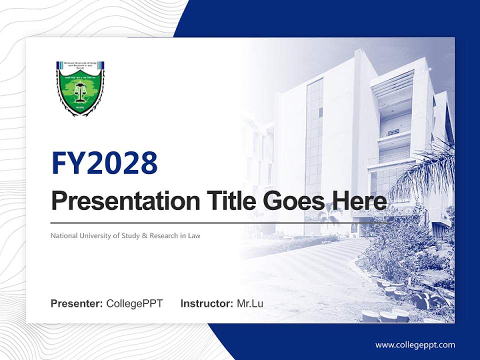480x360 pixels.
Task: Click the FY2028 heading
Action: click(x=104, y=163)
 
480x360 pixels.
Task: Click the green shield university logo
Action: click(x=80, y=88)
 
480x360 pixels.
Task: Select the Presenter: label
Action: click(x=76, y=303)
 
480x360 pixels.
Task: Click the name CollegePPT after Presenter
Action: click(x=134, y=303)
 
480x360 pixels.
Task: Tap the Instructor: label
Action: click(x=206, y=303)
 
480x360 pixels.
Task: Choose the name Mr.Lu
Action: click(x=250, y=303)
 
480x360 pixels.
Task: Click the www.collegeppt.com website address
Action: click(x=415, y=344)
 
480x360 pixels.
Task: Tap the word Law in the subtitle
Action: click(x=194, y=235)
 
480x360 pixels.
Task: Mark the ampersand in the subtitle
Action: click(x=145, y=235)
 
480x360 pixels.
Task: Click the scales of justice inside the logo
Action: click(x=79, y=90)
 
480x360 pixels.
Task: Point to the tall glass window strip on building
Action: click(x=314, y=135)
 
